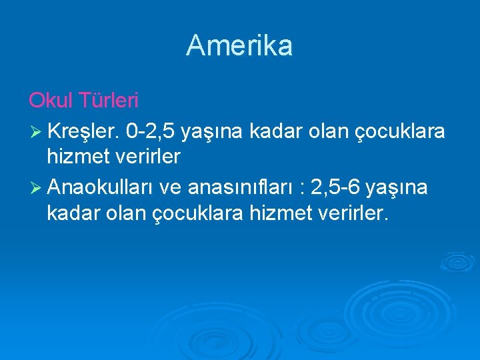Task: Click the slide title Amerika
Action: tap(239, 45)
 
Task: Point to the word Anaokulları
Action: tap(101, 189)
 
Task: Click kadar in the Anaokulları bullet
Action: tap(73, 214)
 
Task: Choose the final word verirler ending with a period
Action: tap(355, 214)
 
